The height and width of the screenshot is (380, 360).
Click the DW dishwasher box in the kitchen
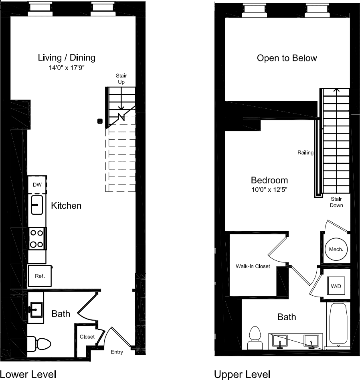coord(37,185)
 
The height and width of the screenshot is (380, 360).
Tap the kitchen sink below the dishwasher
coord(37,205)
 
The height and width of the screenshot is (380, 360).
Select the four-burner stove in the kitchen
coord(37,238)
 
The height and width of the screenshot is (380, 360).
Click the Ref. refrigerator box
coord(39,276)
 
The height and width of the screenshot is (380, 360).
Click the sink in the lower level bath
coord(37,309)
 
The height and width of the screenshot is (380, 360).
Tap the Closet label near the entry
coord(87,337)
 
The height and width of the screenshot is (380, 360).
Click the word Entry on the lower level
coord(117,352)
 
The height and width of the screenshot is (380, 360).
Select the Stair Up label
coord(121,79)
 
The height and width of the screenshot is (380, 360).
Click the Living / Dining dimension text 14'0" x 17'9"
coord(67,68)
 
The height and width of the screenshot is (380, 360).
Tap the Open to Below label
coord(287,58)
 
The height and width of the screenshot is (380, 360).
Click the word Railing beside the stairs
coord(305,152)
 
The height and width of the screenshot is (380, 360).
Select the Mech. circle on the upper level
coord(336,250)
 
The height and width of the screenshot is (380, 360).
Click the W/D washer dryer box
coord(336,287)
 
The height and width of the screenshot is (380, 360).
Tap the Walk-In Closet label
coord(253,266)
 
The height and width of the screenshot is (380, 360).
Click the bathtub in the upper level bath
coord(338,324)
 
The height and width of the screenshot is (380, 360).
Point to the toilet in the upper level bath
coord(255,338)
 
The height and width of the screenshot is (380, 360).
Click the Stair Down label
coord(336,202)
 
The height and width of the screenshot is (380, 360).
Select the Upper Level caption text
coord(242,374)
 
